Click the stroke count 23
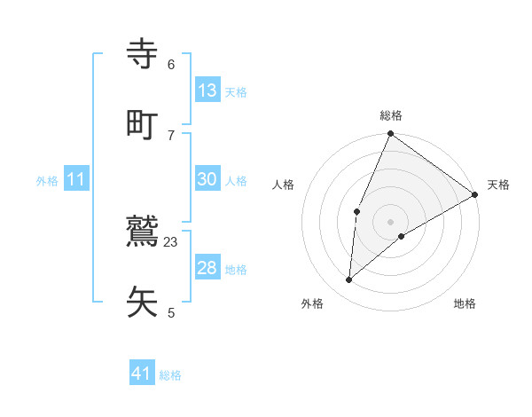coord(171,241)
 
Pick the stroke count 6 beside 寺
coord(171,65)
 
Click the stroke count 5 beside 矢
coord(171,312)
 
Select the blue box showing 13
coord(207,90)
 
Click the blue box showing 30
coord(207,179)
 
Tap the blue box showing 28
coord(207,268)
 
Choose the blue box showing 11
coord(76,179)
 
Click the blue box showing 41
coord(142,374)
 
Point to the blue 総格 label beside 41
coord(170,375)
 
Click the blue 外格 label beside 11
coord(47,181)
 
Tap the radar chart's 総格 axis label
coord(391,115)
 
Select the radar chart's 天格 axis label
coord(498,185)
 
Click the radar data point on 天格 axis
coord(475,194)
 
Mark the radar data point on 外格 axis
coord(349,280)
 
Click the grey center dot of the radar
coord(391,221)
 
